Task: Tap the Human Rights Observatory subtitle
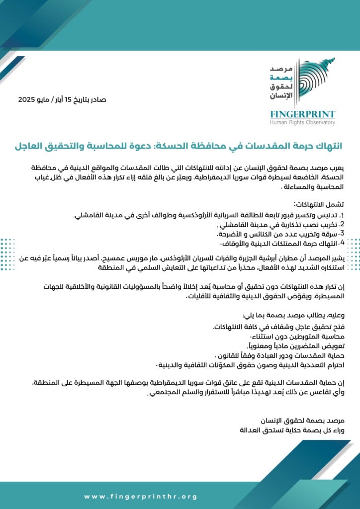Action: (x=302, y=122)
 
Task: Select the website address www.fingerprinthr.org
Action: (x=141, y=496)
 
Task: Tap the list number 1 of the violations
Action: (x=342, y=215)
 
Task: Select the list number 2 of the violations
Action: (x=342, y=224)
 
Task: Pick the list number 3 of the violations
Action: (x=342, y=234)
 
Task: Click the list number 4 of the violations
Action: (x=342, y=244)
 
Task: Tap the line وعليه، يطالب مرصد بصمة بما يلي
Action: (x=301, y=316)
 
